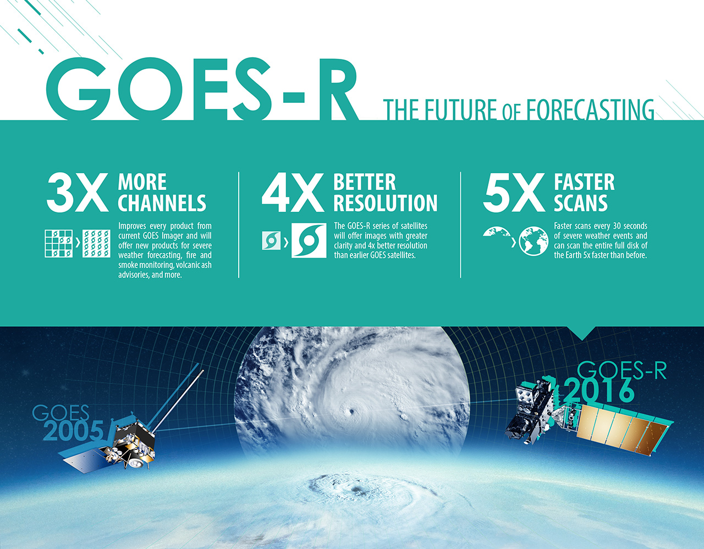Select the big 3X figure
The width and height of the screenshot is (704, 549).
[x=78, y=193]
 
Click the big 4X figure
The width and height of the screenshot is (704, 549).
[x=293, y=193]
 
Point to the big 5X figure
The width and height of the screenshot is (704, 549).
[x=514, y=193]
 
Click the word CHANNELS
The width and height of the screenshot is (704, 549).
[x=162, y=203]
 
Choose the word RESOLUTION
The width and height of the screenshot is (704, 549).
[x=386, y=203]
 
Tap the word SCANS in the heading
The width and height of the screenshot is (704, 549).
[x=581, y=203]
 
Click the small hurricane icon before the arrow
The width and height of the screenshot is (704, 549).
[x=271, y=240]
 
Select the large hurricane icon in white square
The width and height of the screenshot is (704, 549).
[x=309, y=240]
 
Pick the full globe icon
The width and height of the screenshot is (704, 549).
[x=533, y=241]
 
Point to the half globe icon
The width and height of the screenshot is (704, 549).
[x=496, y=232]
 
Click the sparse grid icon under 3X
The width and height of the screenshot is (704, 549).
[x=59, y=244]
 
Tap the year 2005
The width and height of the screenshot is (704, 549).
[x=73, y=431]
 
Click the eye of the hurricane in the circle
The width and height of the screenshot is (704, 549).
[x=351, y=412]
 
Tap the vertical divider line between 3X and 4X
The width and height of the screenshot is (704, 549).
[x=239, y=225]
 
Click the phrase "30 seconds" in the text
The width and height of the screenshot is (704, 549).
[x=630, y=226]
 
